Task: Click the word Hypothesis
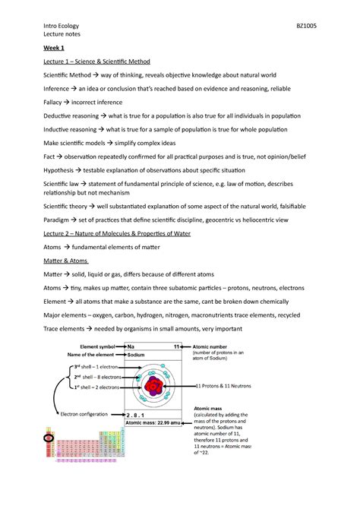tap(62, 170)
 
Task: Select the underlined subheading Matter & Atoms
tap(69, 261)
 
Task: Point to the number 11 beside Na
tap(176, 346)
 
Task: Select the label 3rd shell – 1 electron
tap(96, 367)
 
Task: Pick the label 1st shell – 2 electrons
tap(96, 387)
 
